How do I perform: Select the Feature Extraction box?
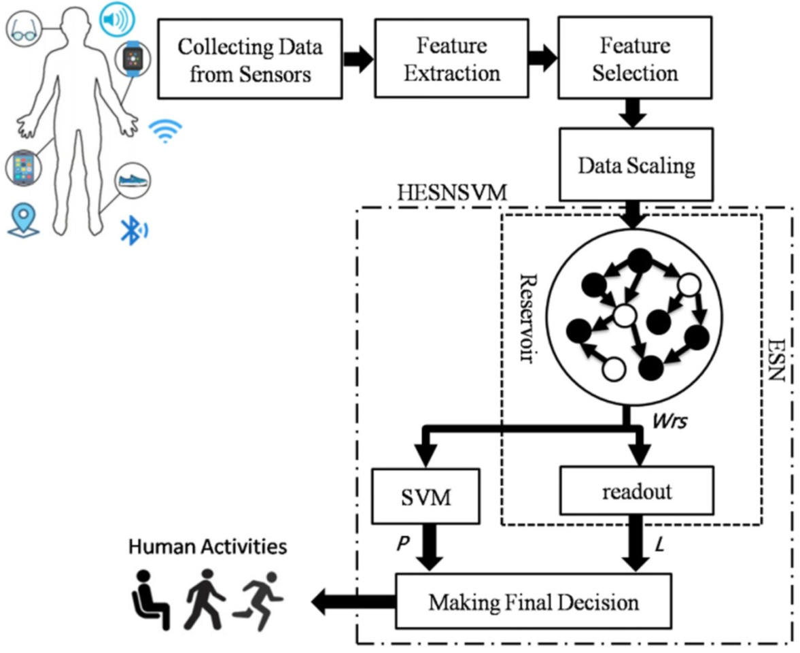(x=451, y=58)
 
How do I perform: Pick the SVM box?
(x=426, y=497)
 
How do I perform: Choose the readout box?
(x=636, y=490)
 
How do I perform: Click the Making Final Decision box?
(x=533, y=601)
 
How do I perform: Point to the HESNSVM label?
(x=451, y=193)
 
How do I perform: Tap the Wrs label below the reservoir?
(x=669, y=422)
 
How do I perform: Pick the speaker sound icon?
(x=112, y=20)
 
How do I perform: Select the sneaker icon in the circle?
(x=132, y=180)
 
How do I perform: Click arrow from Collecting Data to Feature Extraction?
(x=357, y=58)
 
